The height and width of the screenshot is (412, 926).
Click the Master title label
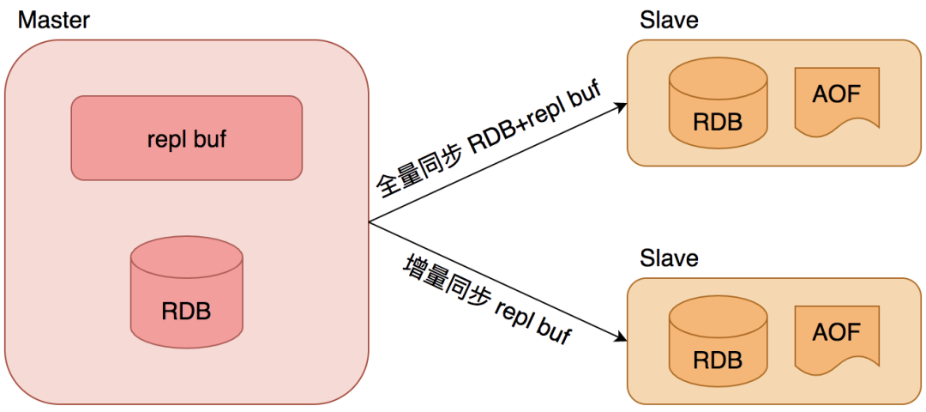(x=53, y=19)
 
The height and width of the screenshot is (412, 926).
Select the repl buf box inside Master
(x=186, y=138)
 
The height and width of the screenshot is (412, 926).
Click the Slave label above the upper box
(x=669, y=19)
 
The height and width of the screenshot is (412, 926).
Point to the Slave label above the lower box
(x=669, y=257)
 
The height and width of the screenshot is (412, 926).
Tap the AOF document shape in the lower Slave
(x=835, y=339)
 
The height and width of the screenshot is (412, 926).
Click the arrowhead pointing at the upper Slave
(x=619, y=106)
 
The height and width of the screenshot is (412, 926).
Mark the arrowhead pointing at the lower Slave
(x=619, y=337)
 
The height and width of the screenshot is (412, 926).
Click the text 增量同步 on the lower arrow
(x=446, y=283)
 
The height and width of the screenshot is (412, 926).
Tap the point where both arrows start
(x=370, y=222)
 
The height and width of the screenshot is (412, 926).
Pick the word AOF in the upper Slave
(x=835, y=93)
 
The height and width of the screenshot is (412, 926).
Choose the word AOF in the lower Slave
(x=835, y=331)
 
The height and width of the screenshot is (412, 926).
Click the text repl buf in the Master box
(x=186, y=138)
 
